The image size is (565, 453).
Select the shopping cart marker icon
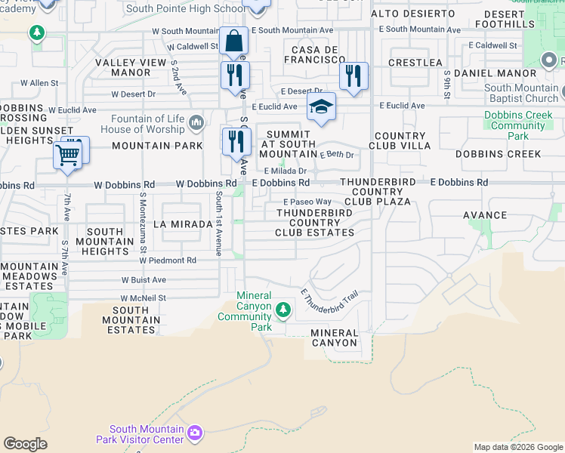(67, 156)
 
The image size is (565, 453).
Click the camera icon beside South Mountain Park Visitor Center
(195, 432)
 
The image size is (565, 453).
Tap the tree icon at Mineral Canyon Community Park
(283, 309)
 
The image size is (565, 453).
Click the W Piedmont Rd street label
(167, 260)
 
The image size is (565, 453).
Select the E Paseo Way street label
(307, 202)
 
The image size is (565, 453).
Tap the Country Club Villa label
(398, 141)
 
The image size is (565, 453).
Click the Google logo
(25, 444)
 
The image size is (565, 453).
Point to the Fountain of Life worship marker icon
(196, 122)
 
